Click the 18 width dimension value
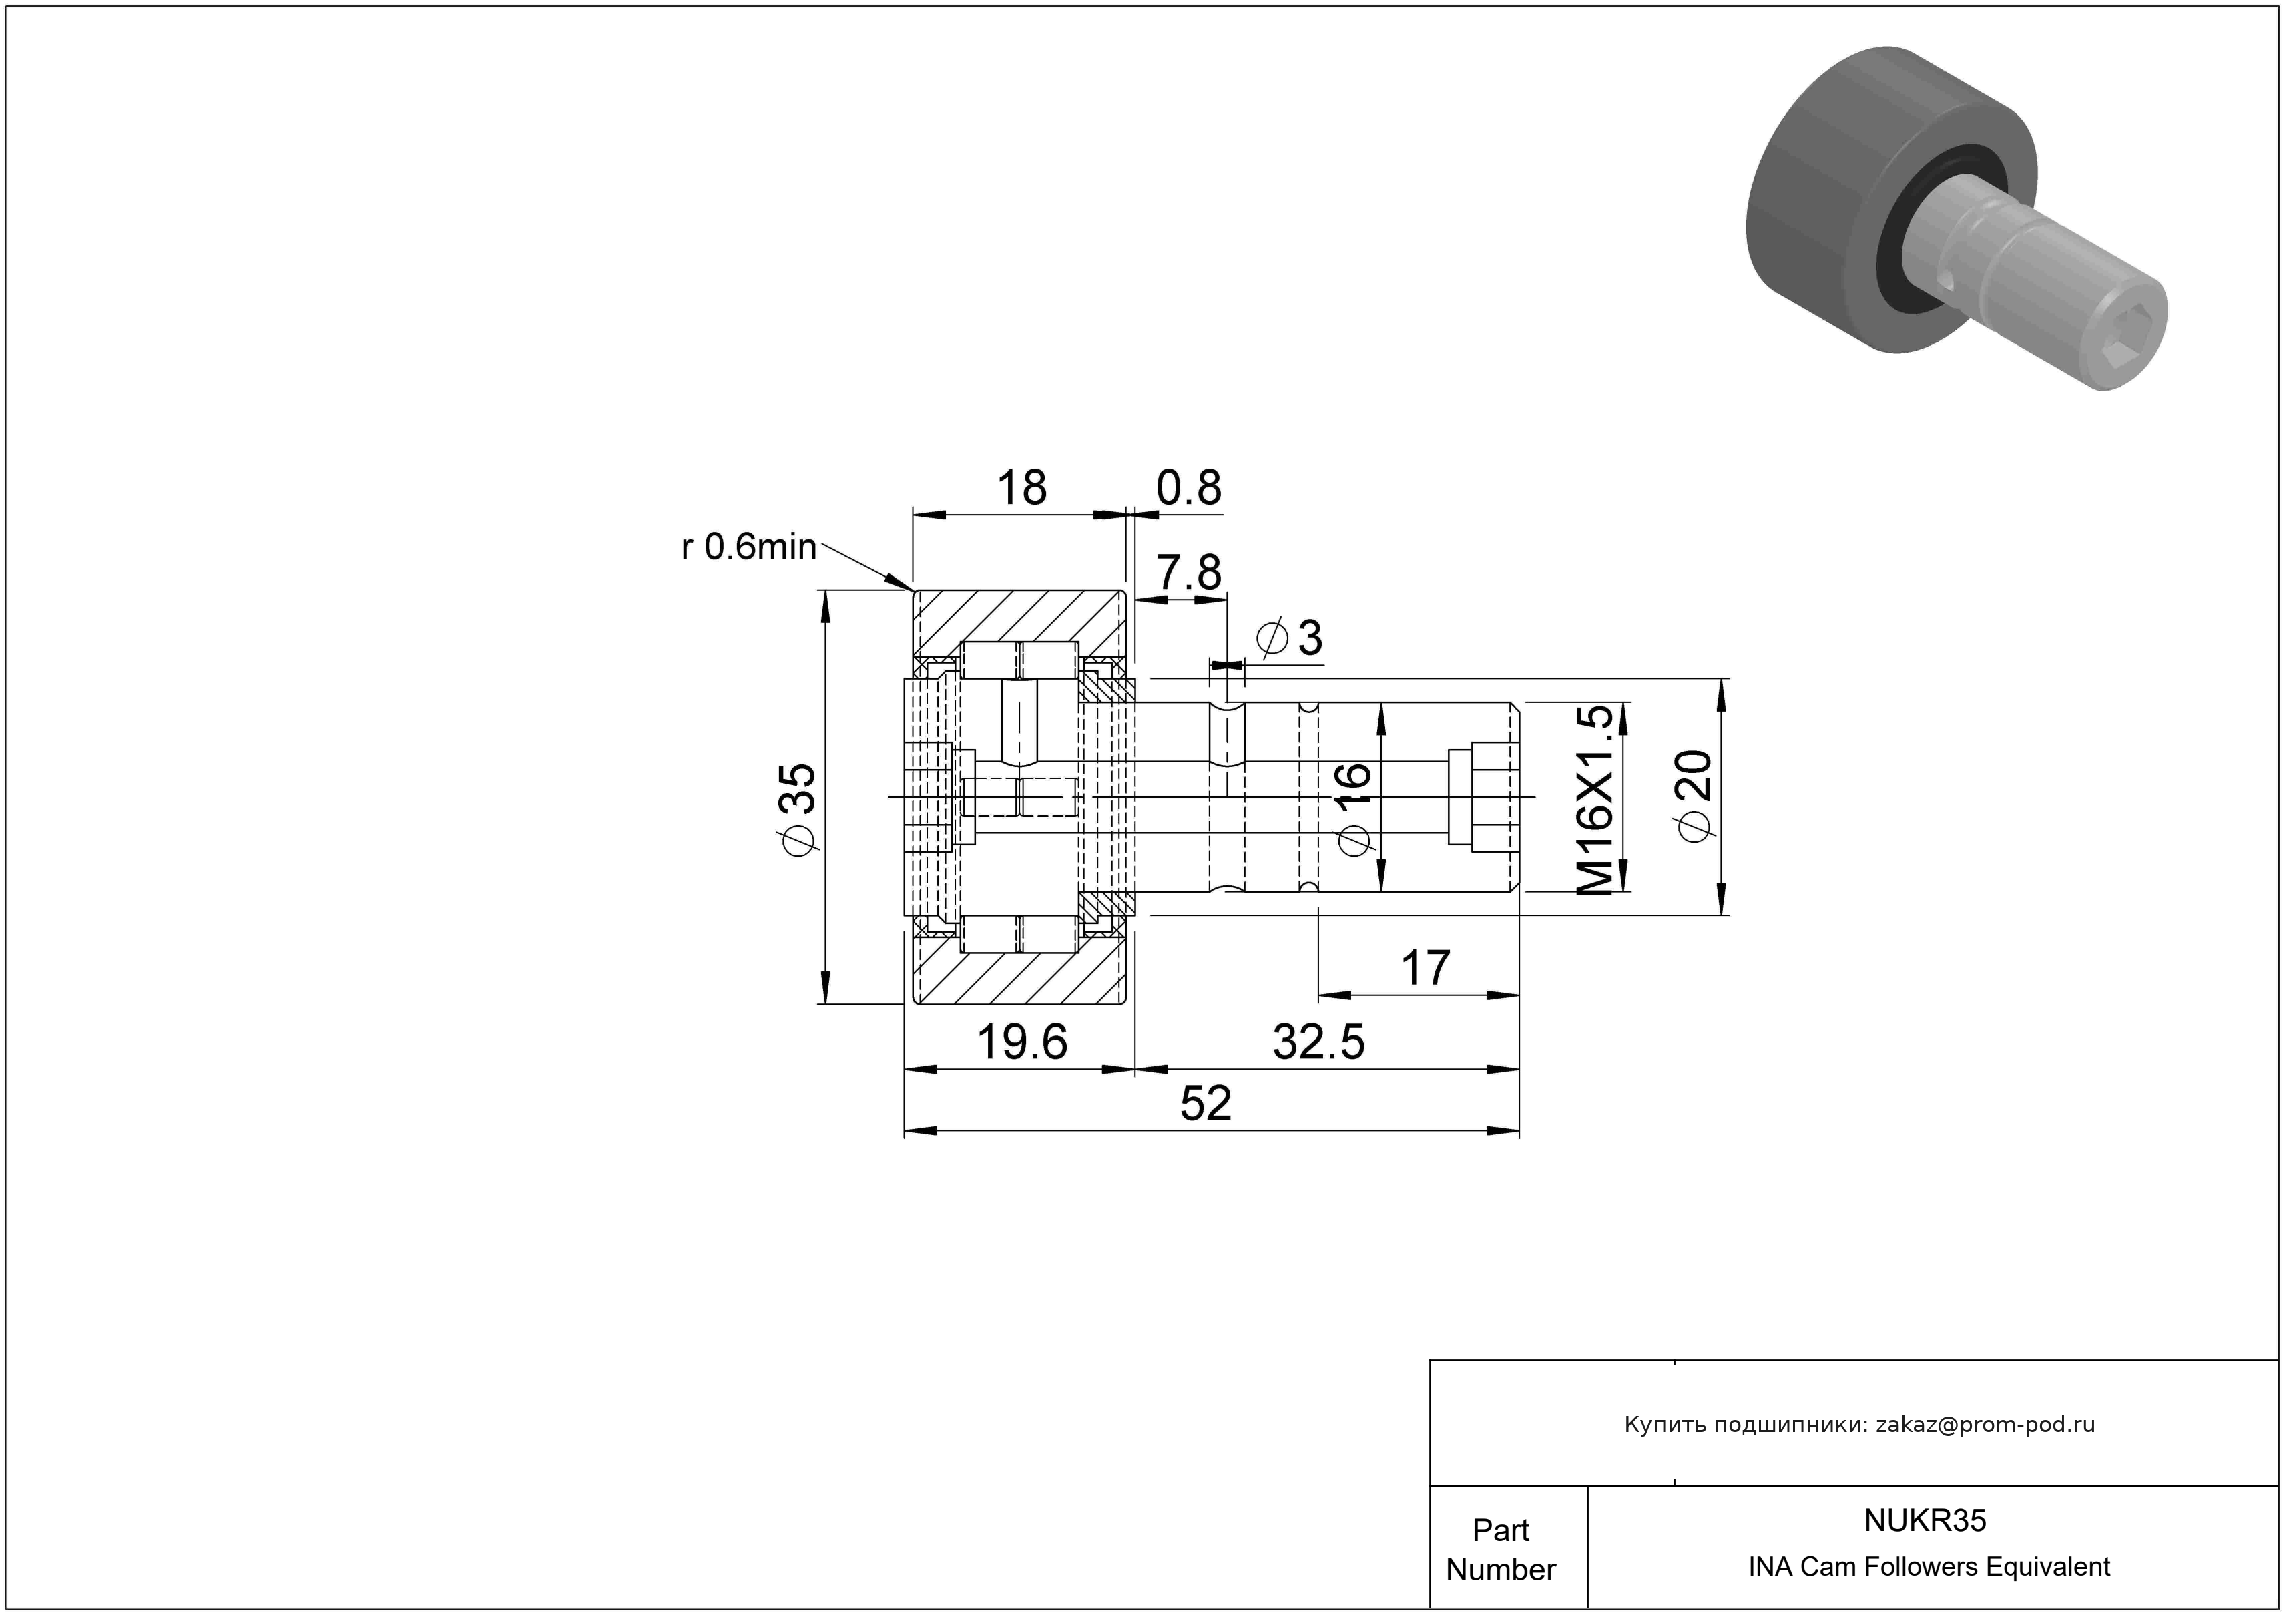(x=1021, y=487)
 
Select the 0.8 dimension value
(x=1188, y=487)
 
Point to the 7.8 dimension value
(x=1188, y=573)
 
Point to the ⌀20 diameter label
(x=1695, y=796)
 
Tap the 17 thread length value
(x=1425, y=967)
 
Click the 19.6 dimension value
(x=1022, y=1042)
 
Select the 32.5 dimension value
(x=1318, y=1042)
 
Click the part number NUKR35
(x=1925, y=1520)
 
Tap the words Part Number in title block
(x=1501, y=1550)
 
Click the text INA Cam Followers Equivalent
(x=1929, y=1567)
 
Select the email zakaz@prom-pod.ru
(x=1985, y=1425)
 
